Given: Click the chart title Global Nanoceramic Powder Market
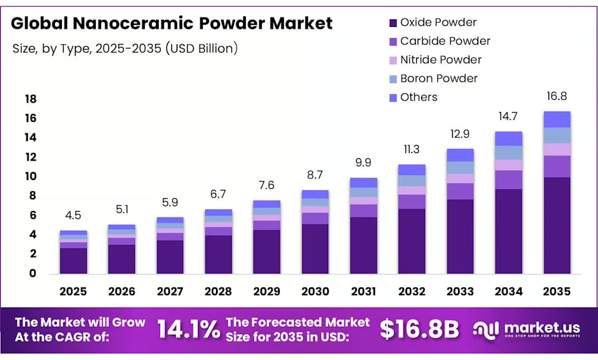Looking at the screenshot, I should point(172,23).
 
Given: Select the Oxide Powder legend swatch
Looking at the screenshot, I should point(392,23).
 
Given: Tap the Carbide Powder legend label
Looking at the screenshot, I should point(445,41).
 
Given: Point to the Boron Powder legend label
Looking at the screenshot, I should point(439,78).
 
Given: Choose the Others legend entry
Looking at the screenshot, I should point(418,97).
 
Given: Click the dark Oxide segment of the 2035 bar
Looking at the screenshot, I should point(557,225).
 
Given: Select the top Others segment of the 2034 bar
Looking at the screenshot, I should point(509,139).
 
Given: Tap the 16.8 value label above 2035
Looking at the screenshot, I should point(557,96).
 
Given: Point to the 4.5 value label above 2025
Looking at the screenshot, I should point(73,216).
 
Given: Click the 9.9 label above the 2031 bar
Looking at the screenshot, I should point(363,162).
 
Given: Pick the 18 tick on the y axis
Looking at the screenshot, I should point(30,99).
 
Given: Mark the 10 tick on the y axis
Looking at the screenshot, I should point(30,176).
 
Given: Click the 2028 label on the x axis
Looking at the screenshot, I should point(218,291).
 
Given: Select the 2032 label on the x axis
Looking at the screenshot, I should point(412,291).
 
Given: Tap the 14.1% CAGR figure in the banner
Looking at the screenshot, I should point(188,330).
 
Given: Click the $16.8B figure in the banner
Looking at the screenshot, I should point(419,330).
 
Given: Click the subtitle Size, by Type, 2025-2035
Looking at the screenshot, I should point(125,49).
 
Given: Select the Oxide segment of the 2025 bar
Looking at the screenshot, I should point(73,261).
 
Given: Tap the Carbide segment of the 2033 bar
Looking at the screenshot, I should point(460,191).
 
